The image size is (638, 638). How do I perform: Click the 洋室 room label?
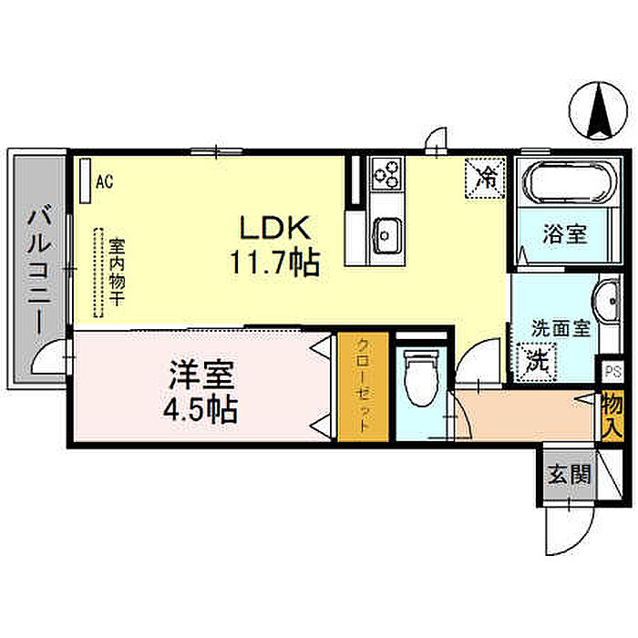coord(201,375)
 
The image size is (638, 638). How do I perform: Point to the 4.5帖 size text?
coord(202,409)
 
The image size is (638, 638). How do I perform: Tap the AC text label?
coord(104,180)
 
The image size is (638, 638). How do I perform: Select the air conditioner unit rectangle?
coord(85,180)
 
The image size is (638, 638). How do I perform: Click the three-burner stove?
coord(386,171)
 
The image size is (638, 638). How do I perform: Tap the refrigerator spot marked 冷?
coord(488,173)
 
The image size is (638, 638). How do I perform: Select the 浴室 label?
coord(564,234)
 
